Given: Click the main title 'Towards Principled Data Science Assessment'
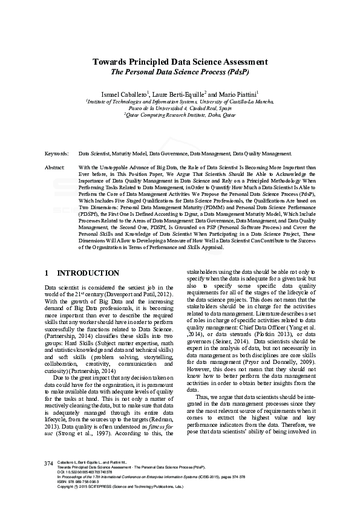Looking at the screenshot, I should [x=180, y=62].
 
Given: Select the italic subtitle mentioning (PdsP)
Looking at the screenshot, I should [x=180, y=72].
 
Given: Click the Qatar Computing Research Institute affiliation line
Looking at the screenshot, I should [x=180, y=114].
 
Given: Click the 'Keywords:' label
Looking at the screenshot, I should [x=57, y=154].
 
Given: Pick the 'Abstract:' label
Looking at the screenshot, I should [x=55, y=166].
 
